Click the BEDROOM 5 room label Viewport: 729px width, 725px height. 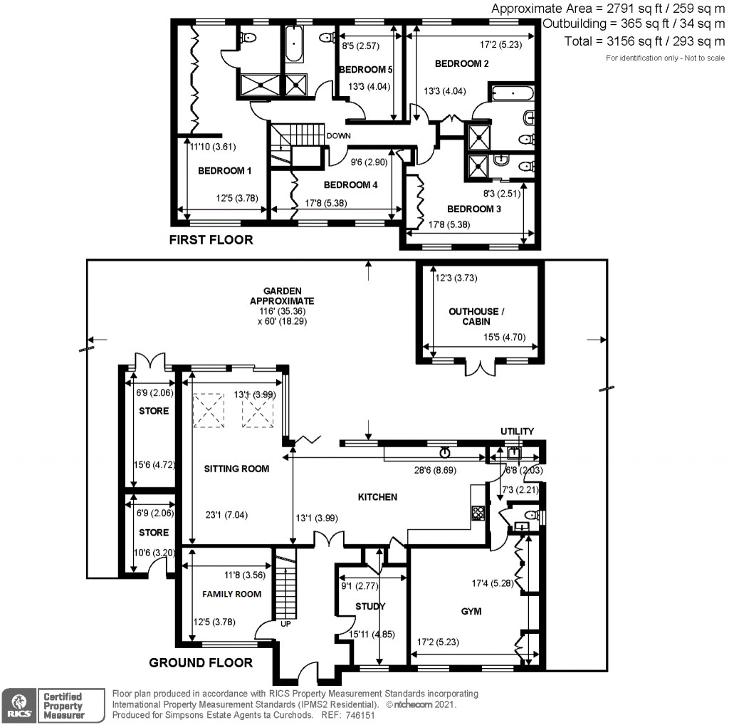(x=366, y=70)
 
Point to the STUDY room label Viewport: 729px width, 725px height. (x=370, y=606)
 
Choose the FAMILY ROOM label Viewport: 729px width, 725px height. (x=231, y=593)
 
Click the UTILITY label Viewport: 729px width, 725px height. (x=517, y=432)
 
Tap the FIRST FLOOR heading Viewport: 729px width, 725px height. (x=211, y=240)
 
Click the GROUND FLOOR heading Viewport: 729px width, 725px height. (x=201, y=663)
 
